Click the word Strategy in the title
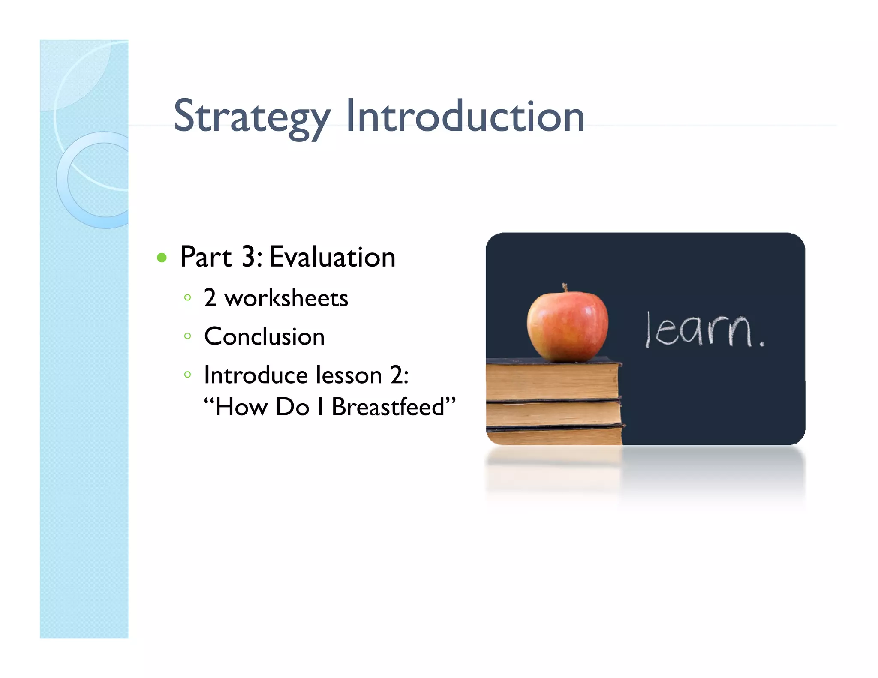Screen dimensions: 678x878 tap(252, 117)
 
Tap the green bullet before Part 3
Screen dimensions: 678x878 tap(162, 258)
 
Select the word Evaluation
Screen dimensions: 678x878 tap(332, 257)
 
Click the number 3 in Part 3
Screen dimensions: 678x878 tap(249, 257)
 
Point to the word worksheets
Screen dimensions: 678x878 tap(286, 298)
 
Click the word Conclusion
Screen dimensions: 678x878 tap(264, 336)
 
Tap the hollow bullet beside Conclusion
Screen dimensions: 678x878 tap(187, 336)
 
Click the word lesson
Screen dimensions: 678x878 tap(349, 375)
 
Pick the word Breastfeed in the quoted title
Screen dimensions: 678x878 tap(388, 407)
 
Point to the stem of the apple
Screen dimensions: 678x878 tap(565, 287)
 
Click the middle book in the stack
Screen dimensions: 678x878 tap(553, 413)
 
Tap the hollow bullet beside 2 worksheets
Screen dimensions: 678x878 tap(187, 297)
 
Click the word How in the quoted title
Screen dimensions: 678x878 tap(241, 407)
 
